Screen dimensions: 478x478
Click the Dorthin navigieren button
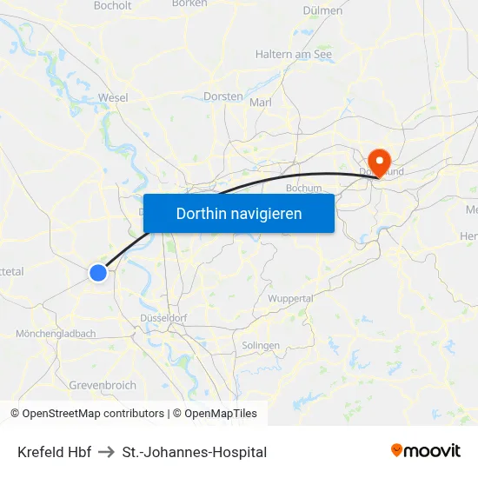pos(239,213)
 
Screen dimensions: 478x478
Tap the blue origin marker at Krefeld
pos(98,273)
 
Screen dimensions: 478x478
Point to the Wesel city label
pos(114,97)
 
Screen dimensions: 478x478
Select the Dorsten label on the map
pos(222,96)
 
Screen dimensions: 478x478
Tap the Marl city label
pos(261,103)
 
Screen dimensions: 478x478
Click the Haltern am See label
pos(294,54)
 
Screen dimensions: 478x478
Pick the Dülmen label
pos(322,10)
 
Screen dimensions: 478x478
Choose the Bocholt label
pos(112,5)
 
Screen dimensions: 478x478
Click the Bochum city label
pos(303,187)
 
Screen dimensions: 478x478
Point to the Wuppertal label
pos(290,298)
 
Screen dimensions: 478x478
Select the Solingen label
pos(262,345)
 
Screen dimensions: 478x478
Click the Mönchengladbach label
pos(56,334)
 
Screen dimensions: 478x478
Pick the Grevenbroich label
pos(103,385)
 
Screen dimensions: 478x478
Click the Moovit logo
pos(425,451)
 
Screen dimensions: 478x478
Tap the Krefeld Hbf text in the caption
pos(54,452)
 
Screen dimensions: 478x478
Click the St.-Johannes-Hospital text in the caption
pos(195,452)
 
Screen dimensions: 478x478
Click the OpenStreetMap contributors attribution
pos(93,414)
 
